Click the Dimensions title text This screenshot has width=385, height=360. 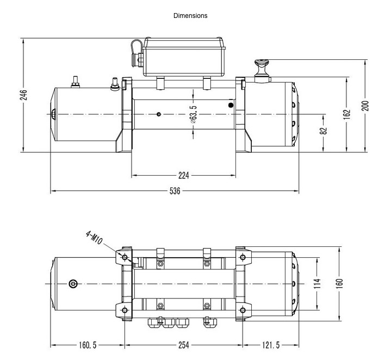click(190, 16)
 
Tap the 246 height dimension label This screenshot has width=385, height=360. click(23, 95)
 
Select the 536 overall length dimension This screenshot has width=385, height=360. click(175, 191)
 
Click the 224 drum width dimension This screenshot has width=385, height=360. click(184, 176)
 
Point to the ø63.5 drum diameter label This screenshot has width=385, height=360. click(193, 114)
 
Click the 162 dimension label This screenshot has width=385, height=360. click(346, 114)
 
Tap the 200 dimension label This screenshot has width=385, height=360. click(365, 106)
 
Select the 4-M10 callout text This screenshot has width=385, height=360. click(94, 238)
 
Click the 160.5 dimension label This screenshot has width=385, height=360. click(88, 345)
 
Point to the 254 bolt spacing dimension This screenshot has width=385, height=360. click(184, 345)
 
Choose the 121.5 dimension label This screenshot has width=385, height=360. click(271, 345)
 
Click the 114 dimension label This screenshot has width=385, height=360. click(317, 283)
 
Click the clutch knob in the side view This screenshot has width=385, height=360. click(262, 71)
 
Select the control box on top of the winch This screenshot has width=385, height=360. click(184, 57)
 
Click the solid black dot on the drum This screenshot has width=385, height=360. click(231, 105)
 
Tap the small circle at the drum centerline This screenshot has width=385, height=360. click(159, 114)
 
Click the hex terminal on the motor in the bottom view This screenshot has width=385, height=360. click(73, 284)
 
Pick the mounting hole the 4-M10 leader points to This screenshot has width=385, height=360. click(125, 257)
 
